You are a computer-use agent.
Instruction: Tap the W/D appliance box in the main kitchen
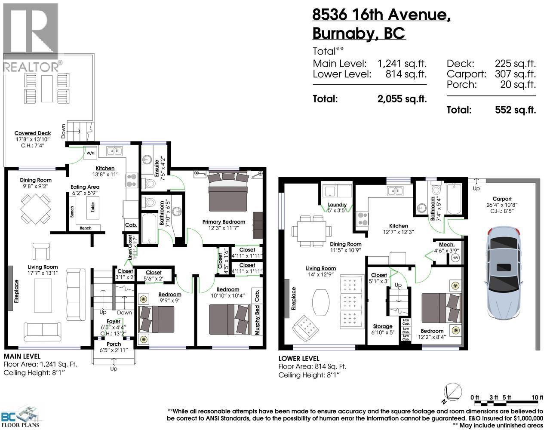[x=90, y=153]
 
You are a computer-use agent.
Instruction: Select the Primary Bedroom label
[x=224, y=222]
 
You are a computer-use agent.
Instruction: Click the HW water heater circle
[x=455, y=258]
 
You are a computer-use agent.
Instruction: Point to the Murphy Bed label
[x=257, y=320]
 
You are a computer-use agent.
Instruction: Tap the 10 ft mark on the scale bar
[x=538, y=397]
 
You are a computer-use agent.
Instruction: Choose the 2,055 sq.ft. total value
[x=402, y=99]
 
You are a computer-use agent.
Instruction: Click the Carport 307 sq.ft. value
[x=515, y=74]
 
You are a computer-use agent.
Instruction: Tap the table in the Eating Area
[x=92, y=207]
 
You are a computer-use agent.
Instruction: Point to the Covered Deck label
[x=33, y=133]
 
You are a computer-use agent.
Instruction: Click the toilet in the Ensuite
[x=149, y=183]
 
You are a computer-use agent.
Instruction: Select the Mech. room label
[x=447, y=245]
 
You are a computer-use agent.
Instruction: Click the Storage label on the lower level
[x=383, y=326]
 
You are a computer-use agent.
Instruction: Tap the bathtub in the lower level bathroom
[x=455, y=199]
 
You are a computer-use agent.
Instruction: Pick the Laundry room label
[x=337, y=205]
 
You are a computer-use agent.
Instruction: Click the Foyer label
[x=114, y=321]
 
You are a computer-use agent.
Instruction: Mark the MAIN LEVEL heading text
[x=22, y=356]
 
